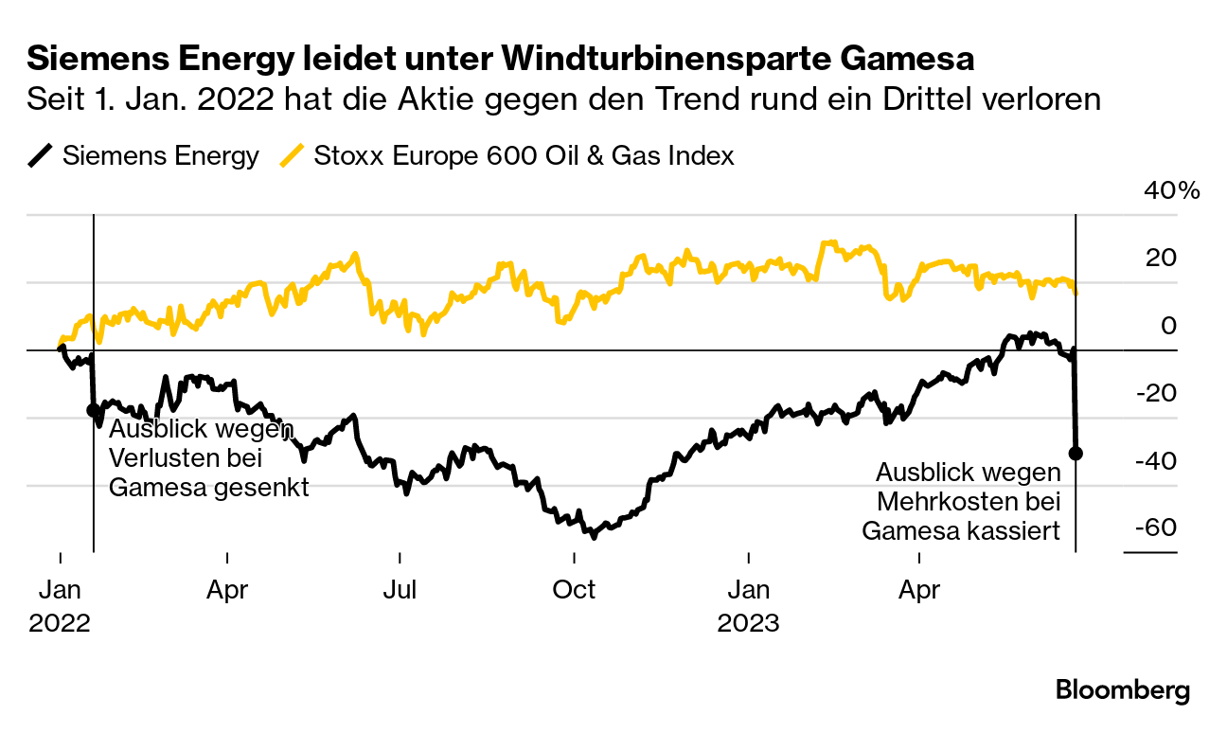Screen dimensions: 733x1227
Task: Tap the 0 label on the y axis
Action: coord(1168,326)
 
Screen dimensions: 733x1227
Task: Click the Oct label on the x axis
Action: coord(574,590)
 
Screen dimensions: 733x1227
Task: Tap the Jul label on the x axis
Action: coord(400,590)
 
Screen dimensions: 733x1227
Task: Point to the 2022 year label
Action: coord(60,624)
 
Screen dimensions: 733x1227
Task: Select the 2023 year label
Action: coord(748,624)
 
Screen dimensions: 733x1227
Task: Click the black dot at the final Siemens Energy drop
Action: coord(1076,453)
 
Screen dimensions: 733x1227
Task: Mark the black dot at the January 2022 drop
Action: coord(93,410)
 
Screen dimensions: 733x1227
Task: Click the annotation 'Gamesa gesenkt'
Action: coord(209,488)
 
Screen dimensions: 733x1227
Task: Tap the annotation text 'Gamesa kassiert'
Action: coord(960,531)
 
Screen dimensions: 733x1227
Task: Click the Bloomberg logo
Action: coord(1123,690)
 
